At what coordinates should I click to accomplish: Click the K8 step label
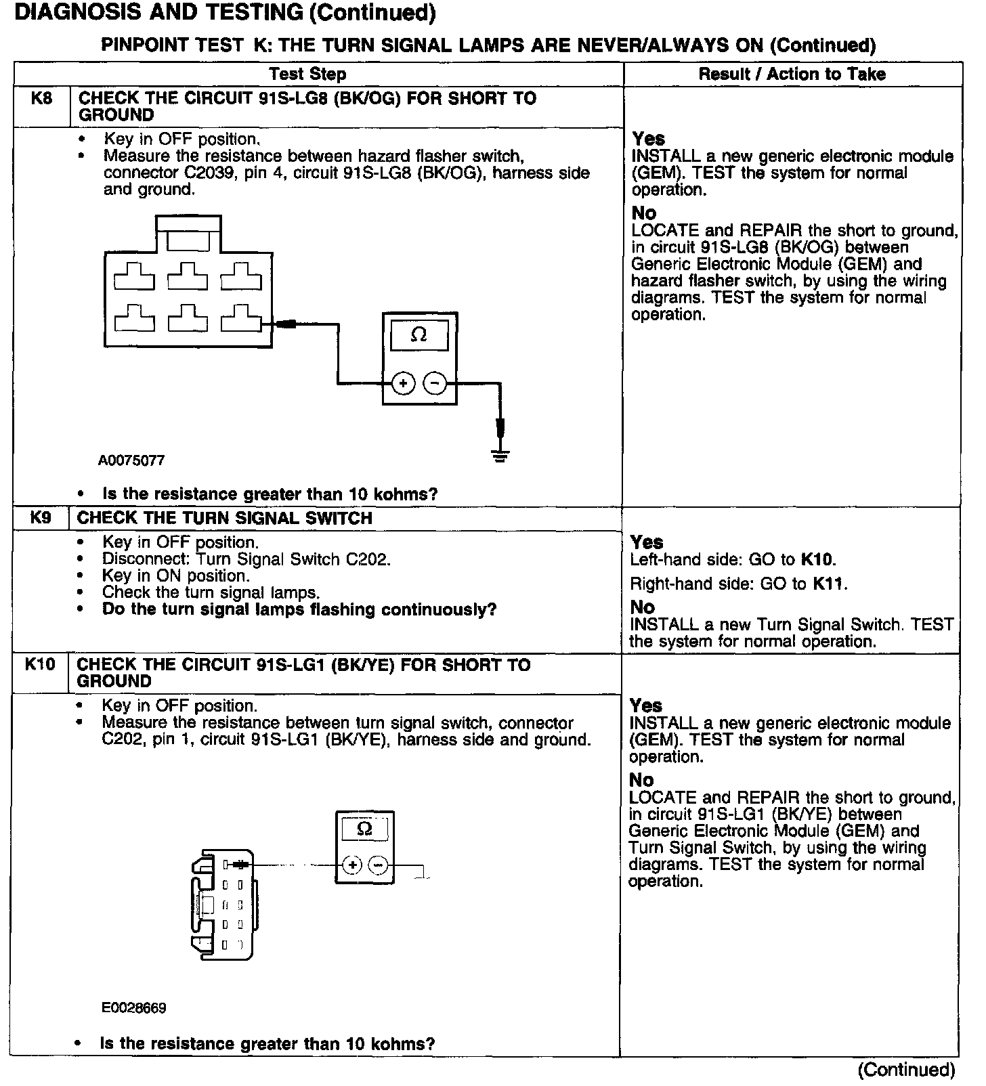[41, 99]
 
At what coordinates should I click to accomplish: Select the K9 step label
[41, 518]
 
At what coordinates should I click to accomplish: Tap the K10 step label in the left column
[40, 664]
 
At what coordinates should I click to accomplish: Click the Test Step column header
[307, 74]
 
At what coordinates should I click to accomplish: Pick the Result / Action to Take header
[792, 74]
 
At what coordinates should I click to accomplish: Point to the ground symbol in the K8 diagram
[500, 455]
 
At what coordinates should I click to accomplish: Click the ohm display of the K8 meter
[419, 336]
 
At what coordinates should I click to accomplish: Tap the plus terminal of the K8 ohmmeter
[404, 384]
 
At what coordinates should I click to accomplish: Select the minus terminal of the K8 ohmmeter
[435, 384]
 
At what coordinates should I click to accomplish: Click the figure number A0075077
[131, 461]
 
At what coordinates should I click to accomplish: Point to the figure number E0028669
[134, 1008]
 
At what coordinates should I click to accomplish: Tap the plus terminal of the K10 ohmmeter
[351, 865]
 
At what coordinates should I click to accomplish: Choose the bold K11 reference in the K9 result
[829, 584]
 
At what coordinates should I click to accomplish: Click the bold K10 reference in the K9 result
[817, 560]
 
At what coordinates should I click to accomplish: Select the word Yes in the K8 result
[649, 139]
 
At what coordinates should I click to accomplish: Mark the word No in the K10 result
[641, 780]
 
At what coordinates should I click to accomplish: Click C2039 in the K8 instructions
[207, 173]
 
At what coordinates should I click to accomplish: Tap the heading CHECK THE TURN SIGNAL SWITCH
[225, 519]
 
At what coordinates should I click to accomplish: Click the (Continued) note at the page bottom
[906, 1070]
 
